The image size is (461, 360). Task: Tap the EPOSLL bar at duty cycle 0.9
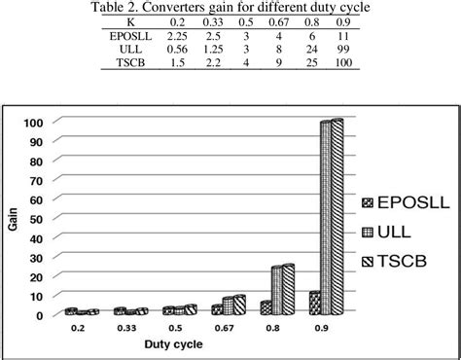(313, 303)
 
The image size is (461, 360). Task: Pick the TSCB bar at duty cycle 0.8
(288, 289)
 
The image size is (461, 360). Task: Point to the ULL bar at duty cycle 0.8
(276, 290)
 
